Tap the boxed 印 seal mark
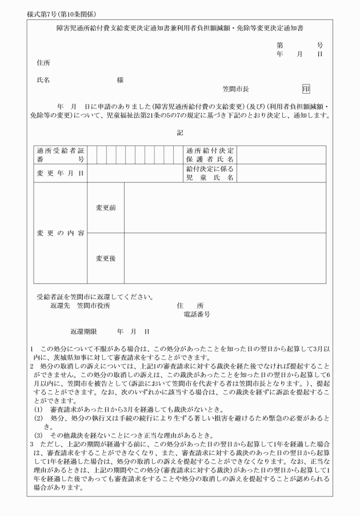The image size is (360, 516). pos(306,89)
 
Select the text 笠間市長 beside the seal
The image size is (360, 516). pos(235,90)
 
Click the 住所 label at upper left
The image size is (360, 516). pos(43,62)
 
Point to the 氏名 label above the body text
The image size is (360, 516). pos(43,80)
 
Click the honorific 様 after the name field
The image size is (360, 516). pos(120,80)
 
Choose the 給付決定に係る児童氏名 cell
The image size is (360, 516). pos(210,173)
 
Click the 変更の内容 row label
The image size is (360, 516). pos(60,233)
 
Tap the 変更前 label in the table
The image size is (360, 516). pos(106,207)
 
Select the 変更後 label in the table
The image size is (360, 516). pos(106,258)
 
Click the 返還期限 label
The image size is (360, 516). pos(84,331)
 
